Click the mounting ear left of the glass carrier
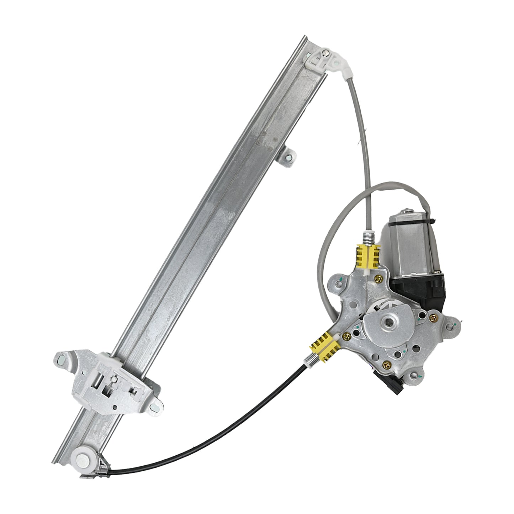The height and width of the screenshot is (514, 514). pyautogui.click(x=64, y=361)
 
